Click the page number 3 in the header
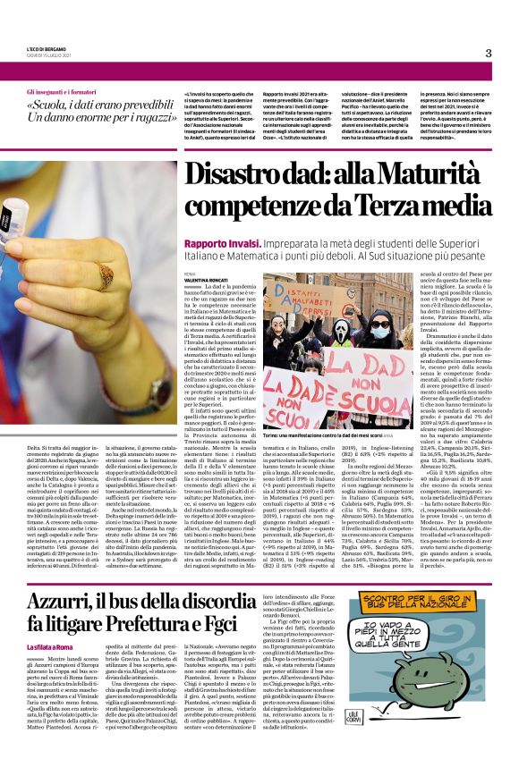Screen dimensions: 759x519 tap(489, 54)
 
